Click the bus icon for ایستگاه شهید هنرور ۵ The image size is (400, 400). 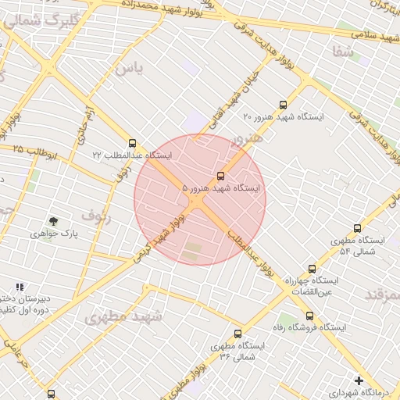point(220,176)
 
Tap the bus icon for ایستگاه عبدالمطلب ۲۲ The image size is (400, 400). point(132,143)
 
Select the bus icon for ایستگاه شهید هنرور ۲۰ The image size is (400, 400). point(283,104)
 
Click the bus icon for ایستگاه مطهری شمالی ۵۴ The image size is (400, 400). point(357,229)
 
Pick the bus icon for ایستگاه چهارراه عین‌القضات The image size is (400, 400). point(312,268)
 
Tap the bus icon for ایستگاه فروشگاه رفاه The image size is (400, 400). point(310,316)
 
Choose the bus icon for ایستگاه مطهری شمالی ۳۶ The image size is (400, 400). point(238,334)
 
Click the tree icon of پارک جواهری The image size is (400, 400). point(53,222)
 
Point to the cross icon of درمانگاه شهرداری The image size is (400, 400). point(359,380)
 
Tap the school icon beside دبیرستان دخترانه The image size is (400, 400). point(20,287)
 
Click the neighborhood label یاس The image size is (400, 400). point(129,68)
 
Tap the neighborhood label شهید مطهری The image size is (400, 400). point(123,317)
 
